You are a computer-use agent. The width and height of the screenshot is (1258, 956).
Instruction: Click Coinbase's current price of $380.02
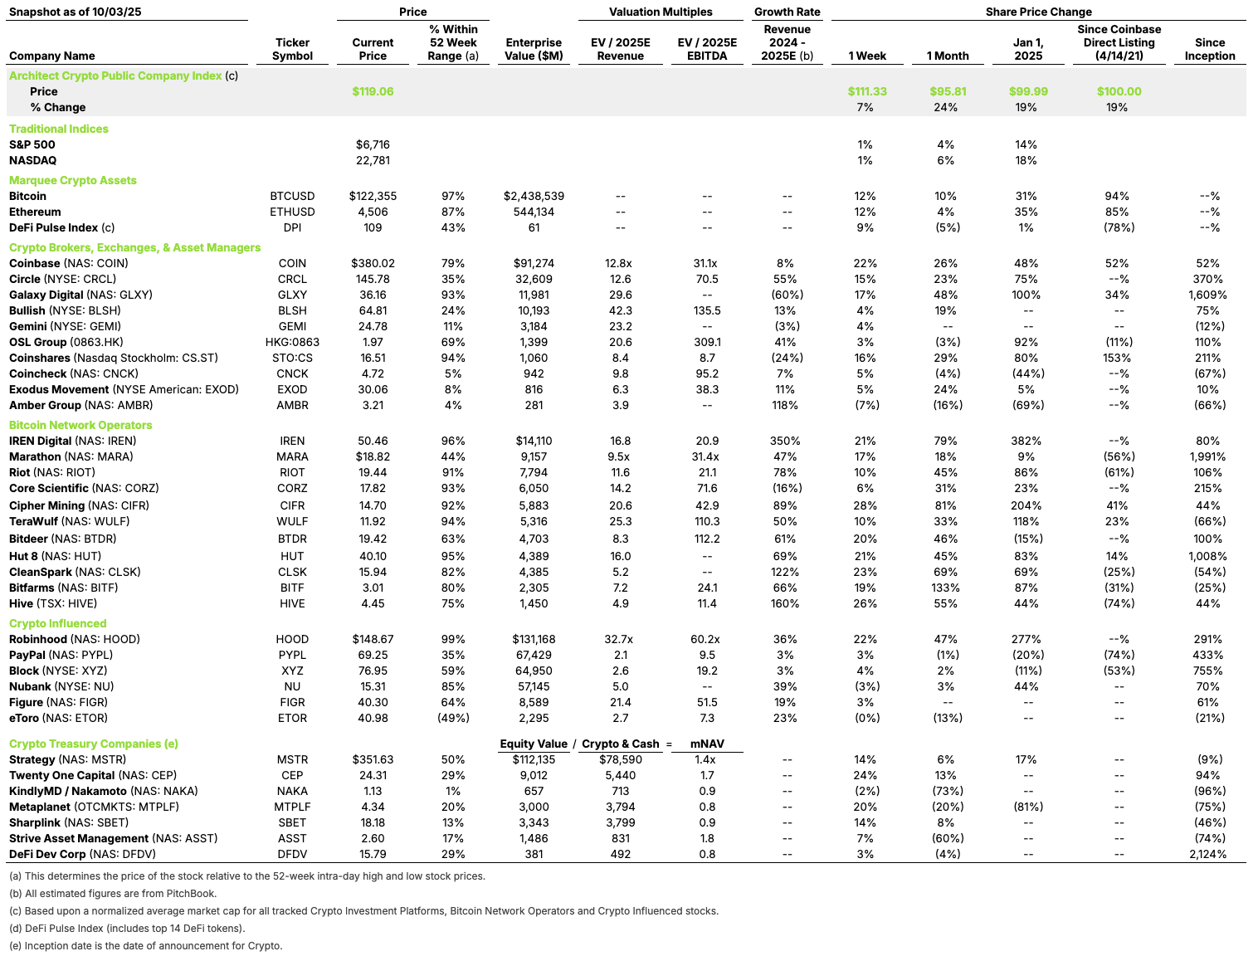click(373, 263)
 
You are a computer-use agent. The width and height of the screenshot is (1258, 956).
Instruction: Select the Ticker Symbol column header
click(292, 49)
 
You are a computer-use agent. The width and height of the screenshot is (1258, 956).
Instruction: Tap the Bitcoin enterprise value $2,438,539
click(534, 196)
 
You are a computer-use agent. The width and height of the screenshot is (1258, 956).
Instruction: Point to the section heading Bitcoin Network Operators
click(80, 425)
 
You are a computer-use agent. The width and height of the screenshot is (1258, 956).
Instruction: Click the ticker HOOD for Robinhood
click(292, 639)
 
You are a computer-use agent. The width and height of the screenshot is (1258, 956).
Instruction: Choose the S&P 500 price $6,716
click(373, 144)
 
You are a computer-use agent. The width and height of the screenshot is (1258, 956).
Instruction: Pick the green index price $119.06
click(373, 91)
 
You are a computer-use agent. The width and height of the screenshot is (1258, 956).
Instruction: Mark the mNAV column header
click(707, 744)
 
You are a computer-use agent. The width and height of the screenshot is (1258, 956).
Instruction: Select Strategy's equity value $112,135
click(534, 759)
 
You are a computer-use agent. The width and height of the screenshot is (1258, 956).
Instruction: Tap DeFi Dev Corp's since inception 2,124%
click(1207, 854)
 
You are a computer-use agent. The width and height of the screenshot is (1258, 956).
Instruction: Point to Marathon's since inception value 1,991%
click(1207, 456)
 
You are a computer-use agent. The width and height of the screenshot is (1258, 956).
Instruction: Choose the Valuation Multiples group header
click(661, 12)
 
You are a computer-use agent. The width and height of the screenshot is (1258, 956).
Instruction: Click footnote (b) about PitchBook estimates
click(112, 894)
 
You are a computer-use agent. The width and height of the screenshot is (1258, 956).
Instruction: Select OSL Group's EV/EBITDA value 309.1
click(707, 342)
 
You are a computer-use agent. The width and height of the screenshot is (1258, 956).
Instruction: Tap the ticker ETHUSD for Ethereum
click(292, 212)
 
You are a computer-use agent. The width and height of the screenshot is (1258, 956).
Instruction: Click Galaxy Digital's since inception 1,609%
click(1207, 295)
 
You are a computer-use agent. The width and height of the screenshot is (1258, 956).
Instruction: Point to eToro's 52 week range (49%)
click(453, 718)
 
